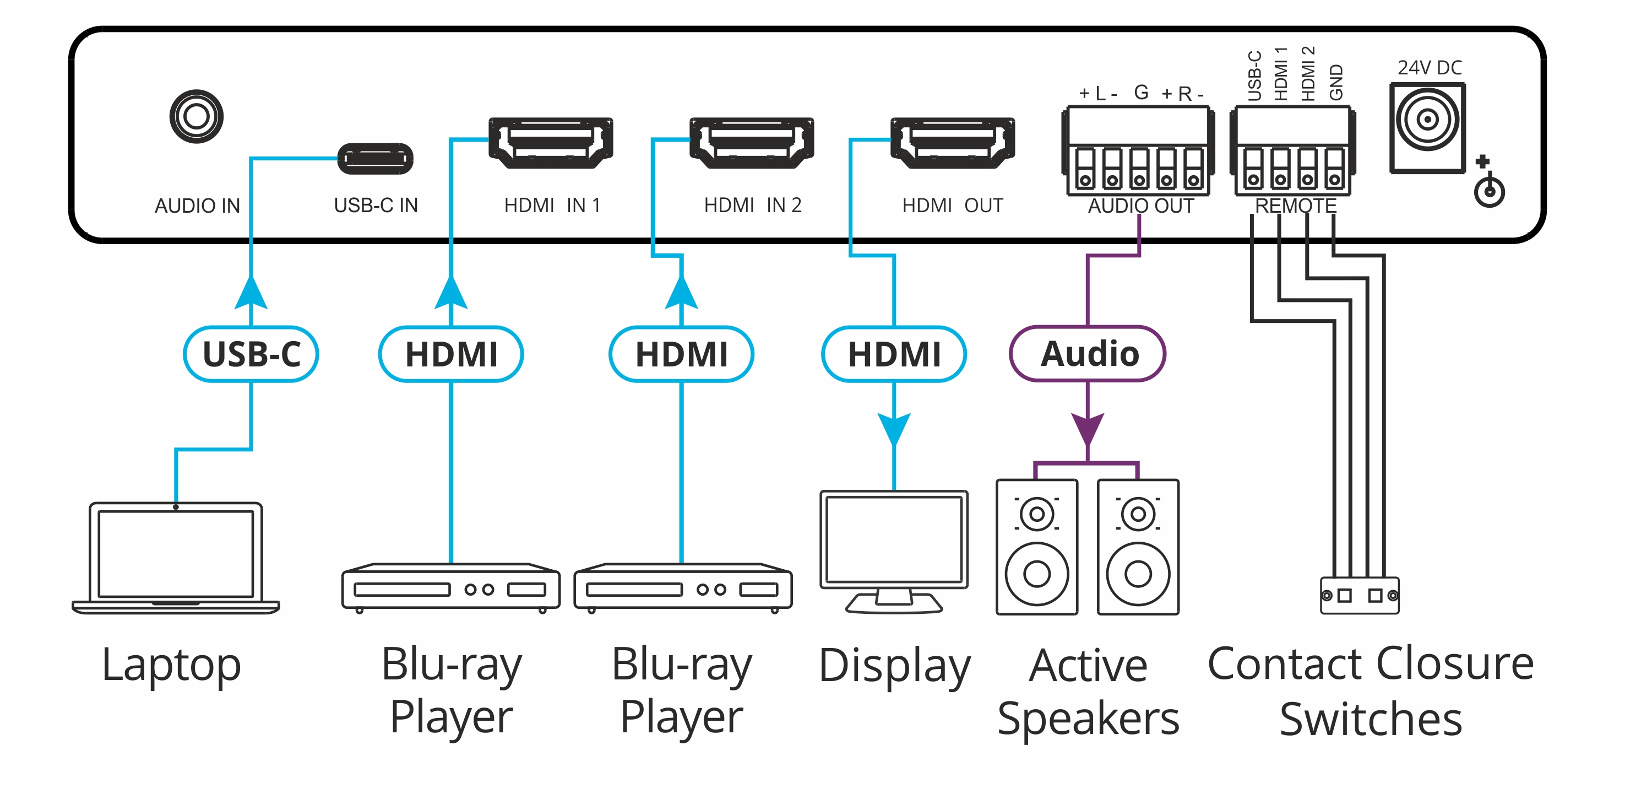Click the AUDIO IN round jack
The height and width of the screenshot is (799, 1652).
pos(196,117)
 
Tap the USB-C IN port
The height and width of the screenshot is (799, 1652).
pos(375,159)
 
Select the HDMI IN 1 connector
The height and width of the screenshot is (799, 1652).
pos(550,143)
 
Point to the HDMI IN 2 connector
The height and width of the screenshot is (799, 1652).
pos(752,143)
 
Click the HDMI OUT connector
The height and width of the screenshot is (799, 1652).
pos(952,143)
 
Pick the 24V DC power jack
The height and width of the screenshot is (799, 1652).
pos(1427,127)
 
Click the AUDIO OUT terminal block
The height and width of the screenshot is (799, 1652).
pos(1138,152)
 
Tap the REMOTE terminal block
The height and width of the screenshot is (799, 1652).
pos(1293,152)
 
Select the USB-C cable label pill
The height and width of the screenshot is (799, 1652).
pos(251,354)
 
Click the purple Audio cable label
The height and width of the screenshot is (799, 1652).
pos(1088,354)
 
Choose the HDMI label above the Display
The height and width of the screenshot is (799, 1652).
pos(894,354)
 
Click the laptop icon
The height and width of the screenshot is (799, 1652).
pos(176,558)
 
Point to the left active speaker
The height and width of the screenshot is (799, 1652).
pos(1036,547)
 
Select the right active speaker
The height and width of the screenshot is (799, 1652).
pos(1138,547)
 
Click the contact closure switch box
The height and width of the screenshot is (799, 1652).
pos(1360,596)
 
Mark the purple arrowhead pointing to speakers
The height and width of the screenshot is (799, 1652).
pos(1088,428)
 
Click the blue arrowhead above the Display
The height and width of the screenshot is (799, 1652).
pos(894,428)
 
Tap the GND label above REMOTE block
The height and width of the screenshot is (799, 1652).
pos(1335,82)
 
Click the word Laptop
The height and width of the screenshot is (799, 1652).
pos(171,666)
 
